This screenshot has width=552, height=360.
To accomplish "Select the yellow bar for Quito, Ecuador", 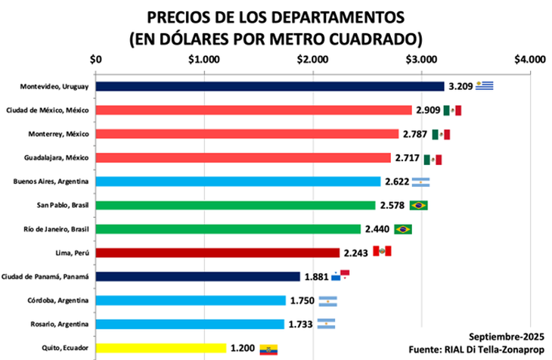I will (x=161, y=348).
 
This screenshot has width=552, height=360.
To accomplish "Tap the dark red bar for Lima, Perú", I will (x=218, y=253).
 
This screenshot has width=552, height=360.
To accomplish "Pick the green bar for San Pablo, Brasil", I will (x=235, y=205).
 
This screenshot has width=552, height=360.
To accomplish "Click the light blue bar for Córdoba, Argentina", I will (x=191, y=300).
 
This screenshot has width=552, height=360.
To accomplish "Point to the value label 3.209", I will (x=461, y=86).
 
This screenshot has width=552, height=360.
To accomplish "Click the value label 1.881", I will (x=316, y=277).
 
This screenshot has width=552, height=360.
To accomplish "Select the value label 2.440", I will (x=377, y=229).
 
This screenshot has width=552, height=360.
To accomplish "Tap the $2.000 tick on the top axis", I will (x=312, y=59).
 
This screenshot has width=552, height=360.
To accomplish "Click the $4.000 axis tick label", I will (x=529, y=59).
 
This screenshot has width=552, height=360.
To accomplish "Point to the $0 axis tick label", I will (x=96, y=59).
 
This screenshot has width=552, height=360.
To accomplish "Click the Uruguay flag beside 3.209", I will (x=484, y=85).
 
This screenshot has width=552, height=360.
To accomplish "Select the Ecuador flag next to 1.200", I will (x=269, y=349).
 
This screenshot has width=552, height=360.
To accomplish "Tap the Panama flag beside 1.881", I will (x=341, y=275).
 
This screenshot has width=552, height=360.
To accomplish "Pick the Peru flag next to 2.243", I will (x=383, y=252).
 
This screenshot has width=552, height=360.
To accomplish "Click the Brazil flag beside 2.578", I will (x=418, y=205).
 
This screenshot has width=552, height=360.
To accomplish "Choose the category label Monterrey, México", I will (x=62, y=134).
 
